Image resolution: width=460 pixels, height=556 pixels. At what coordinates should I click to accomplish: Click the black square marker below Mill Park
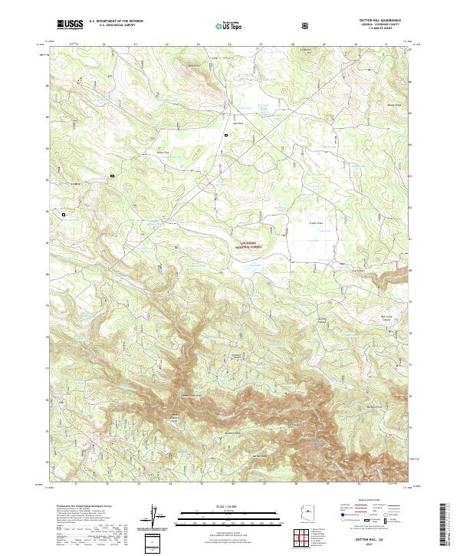(226, 135)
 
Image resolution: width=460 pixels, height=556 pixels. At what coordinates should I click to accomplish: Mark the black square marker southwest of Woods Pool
(112, 176)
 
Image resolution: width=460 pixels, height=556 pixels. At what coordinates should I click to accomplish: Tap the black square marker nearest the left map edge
(64, 214)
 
